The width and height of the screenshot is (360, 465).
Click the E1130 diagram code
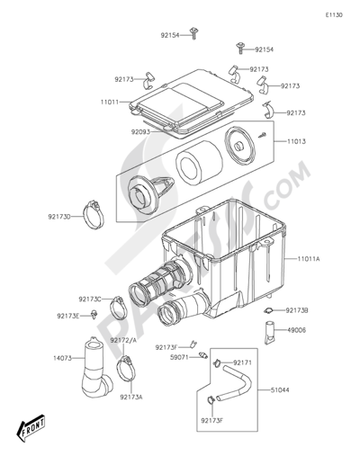pos(334,15)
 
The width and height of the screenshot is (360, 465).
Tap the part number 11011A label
pos(309,258)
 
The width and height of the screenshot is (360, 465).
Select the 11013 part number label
pos(296,141)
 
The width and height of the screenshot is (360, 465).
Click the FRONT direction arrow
pos(31,426)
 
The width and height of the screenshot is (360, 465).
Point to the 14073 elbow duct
pos(95,368)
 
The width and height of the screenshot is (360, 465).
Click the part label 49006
pos(297,330)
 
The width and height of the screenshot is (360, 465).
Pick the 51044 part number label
pos(280,390)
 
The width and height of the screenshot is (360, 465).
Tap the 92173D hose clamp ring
pos(94,214)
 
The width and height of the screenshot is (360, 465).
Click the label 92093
pos(140,131)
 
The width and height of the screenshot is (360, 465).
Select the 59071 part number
pos(179,357)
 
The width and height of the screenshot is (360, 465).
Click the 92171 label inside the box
pos(243,363)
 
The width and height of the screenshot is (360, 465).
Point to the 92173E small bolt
pos(94,314)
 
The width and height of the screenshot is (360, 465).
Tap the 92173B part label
pos(297,310)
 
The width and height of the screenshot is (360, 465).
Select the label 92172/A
pos(123,340)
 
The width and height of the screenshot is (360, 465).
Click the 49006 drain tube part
pos(270,333)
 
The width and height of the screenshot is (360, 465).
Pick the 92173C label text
pos(90,299)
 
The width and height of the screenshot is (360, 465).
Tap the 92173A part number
pos(131,397)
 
